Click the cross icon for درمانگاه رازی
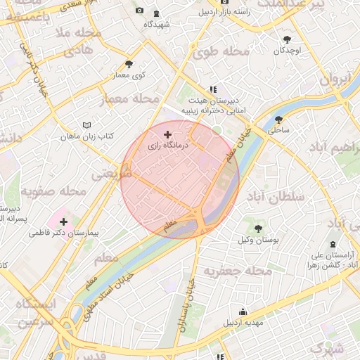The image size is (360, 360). (x=167, y=134)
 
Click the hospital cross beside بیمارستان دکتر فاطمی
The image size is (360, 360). (x=64, y=221)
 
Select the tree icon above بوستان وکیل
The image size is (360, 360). (x=259, y=228)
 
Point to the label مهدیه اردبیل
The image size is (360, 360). (x=243, y=323)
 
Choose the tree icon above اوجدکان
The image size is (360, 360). (x=287, y=39)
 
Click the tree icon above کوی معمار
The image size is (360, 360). (x=128, y=64)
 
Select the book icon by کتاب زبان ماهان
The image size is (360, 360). (x=86, y=124)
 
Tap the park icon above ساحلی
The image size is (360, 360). (x=279, y=120)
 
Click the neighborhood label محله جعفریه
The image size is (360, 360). (x=237, y=271)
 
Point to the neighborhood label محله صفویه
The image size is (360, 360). (x=52, y=191)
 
